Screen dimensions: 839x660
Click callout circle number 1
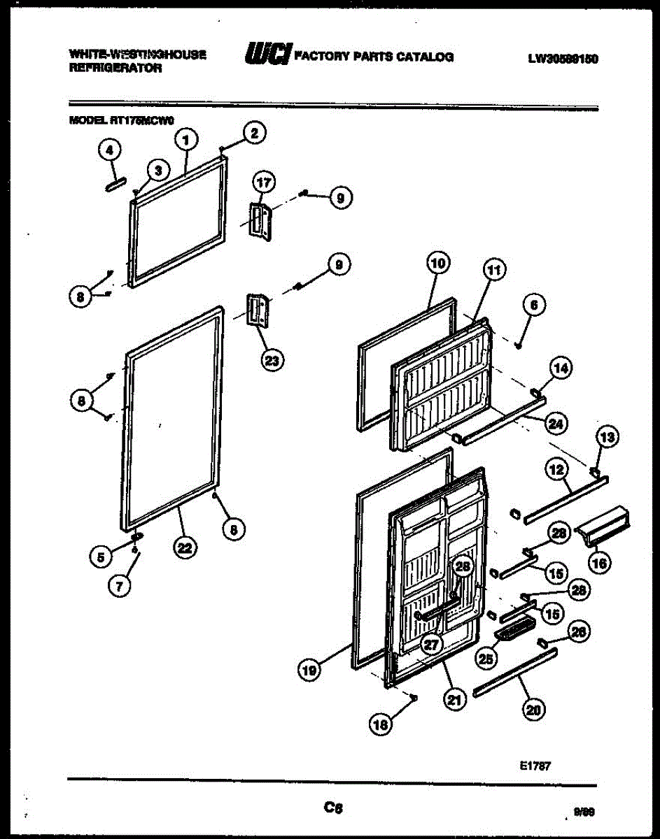point(185,140)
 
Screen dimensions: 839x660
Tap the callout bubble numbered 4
point(109,148)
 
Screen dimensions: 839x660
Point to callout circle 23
point(272,361)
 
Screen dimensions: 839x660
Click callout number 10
point(438,264)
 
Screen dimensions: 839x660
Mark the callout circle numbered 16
point(601,561)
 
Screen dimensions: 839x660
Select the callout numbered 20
point(534,709)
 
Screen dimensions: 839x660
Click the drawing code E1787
point(535,766)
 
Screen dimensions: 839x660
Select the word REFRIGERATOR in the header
point(115,69)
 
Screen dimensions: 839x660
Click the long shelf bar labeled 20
point(515,672)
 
